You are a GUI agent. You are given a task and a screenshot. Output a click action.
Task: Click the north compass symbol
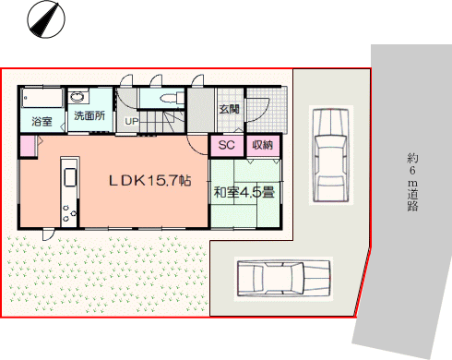point(46,20)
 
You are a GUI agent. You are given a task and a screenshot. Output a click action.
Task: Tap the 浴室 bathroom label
point(42,122)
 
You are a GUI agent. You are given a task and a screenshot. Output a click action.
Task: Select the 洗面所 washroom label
point(89,115)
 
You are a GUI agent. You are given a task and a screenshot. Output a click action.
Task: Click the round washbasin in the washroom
point(77,97)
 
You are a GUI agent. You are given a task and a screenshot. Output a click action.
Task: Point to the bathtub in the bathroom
point(42,98)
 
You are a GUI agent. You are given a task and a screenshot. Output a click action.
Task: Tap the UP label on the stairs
point(132,121)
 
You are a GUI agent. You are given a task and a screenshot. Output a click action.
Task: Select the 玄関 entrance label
point(229,109)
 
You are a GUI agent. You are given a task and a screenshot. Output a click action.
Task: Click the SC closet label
point(226,145)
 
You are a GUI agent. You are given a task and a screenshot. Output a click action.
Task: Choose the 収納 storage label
point(263,145)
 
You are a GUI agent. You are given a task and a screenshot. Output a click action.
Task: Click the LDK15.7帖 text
point(150,181)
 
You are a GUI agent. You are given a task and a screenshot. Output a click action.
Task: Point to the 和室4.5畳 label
point(244,193)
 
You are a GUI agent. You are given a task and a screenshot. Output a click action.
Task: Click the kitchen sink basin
point(70,177)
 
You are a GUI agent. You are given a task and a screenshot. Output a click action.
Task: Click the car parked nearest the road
point(331,155)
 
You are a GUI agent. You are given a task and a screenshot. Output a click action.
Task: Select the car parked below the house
point(283,279)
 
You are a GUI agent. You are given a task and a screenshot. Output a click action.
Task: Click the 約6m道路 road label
point(412,183)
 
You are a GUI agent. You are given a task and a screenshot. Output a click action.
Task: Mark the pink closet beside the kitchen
point(29,146)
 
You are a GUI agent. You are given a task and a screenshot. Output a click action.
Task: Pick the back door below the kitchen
point(49,234)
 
